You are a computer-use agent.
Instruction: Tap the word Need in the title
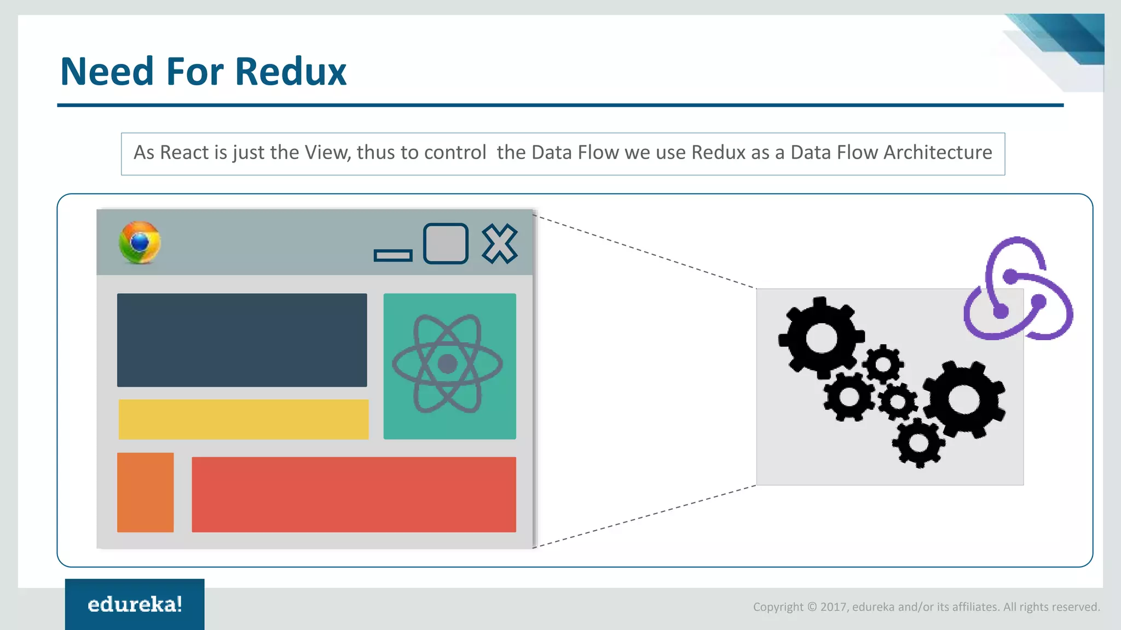pos(107,72)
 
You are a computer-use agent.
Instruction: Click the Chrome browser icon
pos(140,243)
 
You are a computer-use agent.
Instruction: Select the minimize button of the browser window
pos(393,255)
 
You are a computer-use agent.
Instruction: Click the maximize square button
pos(446,243)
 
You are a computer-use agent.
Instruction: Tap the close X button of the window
pos(499,244)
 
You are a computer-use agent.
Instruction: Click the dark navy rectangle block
pos(242,340)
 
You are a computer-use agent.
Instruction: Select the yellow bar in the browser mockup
pos(244,419)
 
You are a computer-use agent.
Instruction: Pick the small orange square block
pos(145,492)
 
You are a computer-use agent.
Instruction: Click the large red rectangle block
pos(354,494)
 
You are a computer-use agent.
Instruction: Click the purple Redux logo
pos(1018,290)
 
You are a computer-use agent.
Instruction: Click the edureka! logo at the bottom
pos(135,604)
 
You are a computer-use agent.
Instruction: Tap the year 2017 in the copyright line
pos(833,607)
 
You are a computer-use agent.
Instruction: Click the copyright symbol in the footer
pos(812,607)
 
